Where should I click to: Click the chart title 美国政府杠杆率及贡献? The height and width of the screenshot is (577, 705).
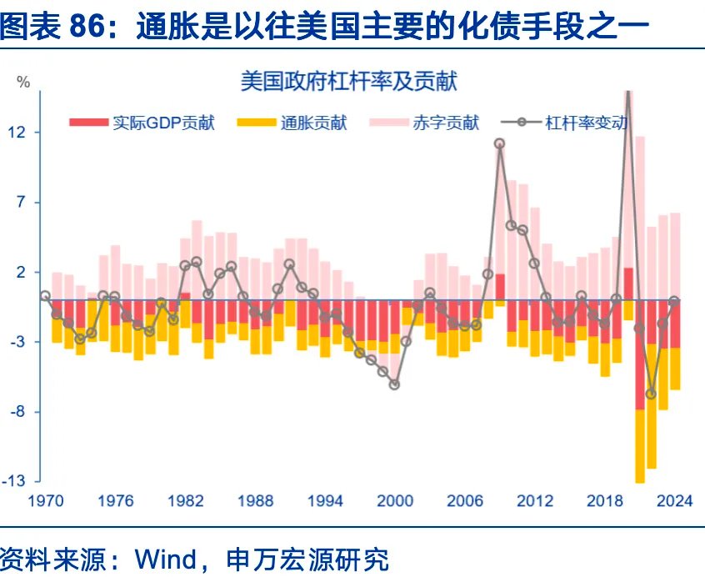[x=349, y=82]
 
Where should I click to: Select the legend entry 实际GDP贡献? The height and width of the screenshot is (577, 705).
[x=163, y=123]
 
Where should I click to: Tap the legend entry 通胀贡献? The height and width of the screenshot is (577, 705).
[x=313, y=123]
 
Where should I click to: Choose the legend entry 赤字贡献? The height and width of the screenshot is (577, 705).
[x=446, y=123]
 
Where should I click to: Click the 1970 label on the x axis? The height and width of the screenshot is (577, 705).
[x=45, y=500]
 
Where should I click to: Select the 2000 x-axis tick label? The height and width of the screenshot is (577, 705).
[x=395, y=500]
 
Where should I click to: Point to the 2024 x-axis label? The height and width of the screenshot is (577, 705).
[x=674, y=500]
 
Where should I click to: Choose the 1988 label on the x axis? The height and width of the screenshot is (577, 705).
[x=255, y=500]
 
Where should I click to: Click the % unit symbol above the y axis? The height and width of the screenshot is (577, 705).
[x=23, y=82]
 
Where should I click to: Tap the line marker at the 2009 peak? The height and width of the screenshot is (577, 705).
[x=499, y=143]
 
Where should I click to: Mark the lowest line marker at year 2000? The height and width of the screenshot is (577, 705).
[x=394, y=384]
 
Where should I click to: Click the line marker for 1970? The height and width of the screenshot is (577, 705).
[x=45, y=295]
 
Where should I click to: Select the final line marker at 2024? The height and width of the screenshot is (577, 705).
[x=674, y=300]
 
